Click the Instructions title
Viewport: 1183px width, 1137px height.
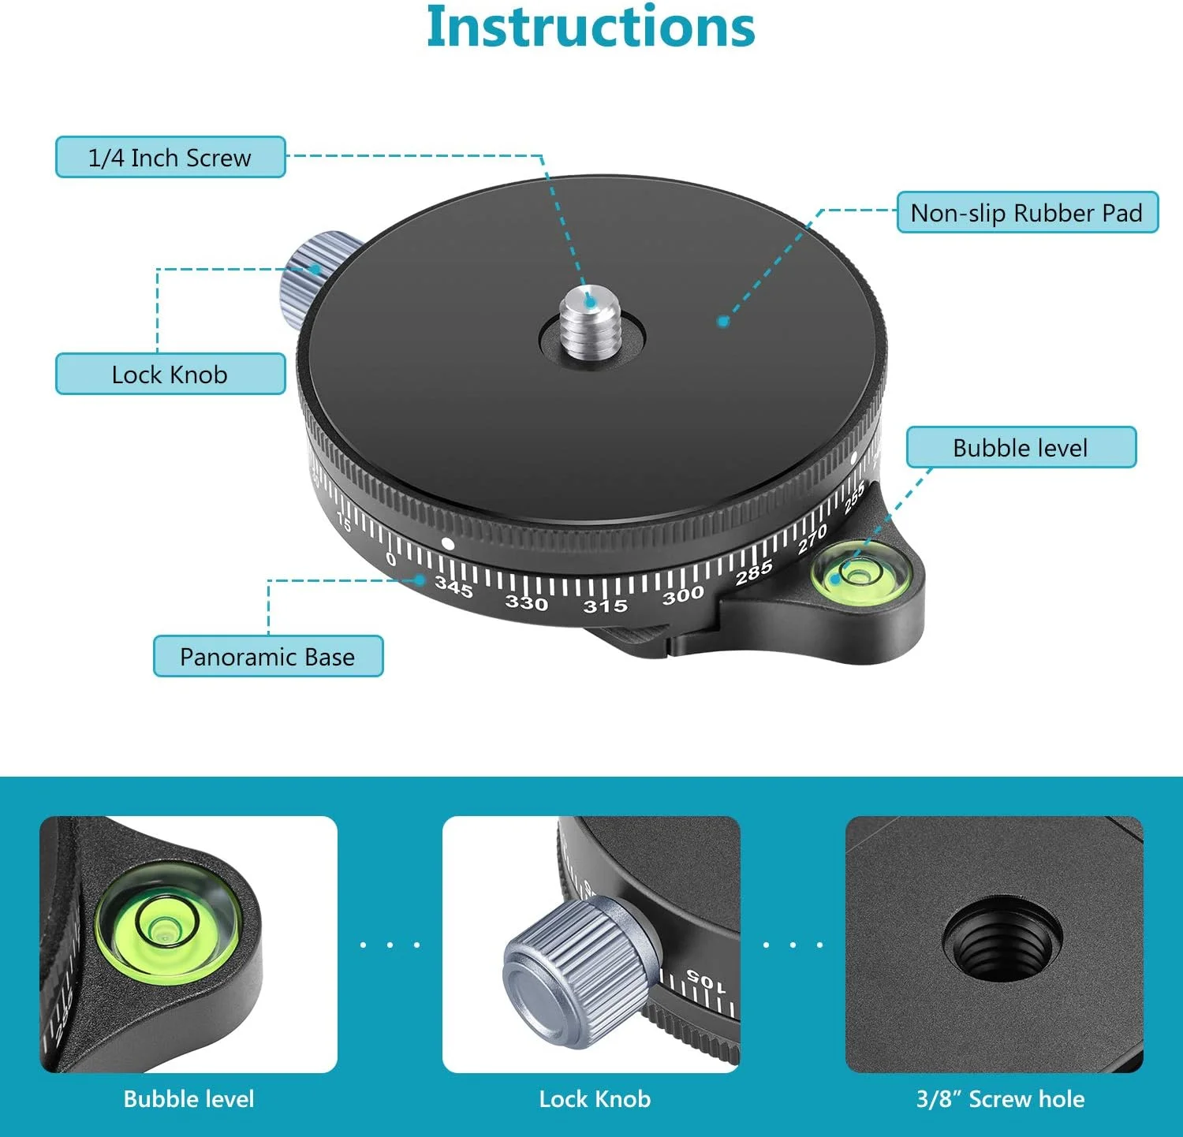591,28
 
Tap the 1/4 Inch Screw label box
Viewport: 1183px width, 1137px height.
170,157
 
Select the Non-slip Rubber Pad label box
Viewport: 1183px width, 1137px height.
1028,212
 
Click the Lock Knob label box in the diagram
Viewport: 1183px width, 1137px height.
170,374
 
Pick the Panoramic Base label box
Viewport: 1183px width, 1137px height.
268,656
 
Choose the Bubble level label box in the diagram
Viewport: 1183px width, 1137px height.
1021,447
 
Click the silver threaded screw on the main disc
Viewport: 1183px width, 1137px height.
591,323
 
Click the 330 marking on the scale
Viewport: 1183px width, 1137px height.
526,603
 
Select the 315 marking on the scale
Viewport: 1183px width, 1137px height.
605,606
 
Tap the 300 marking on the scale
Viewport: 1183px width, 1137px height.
683,595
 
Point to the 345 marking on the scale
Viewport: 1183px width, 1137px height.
453,587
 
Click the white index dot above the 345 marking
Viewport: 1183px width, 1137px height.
448,543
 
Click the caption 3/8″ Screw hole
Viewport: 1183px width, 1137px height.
1000,1099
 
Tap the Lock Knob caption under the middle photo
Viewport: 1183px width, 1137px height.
595,1099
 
